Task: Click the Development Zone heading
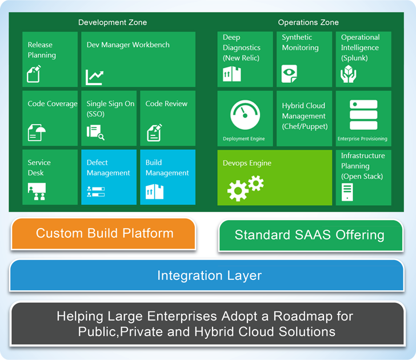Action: tap(113, 22)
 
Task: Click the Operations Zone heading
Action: tap(309, 22)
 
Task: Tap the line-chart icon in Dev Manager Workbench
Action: tap(94, 77)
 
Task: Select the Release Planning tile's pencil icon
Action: tap(34, 74)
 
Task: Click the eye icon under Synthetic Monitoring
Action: tap(289, 74)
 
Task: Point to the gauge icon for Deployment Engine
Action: tap(245, 115)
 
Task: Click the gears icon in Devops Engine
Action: tap(245, 188)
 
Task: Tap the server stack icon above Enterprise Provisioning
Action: tap(363, 115)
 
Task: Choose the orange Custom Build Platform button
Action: tap(103, 234)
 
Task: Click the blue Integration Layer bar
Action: tap(207, 275)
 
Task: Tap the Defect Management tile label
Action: tap(108, 167)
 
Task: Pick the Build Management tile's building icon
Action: tap(154, 191)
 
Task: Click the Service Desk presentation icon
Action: tap(37, 191)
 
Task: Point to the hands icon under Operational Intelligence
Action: tap(349, 74)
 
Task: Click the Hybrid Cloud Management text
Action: tap(305, 116)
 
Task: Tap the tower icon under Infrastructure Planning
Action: tap(347, 192)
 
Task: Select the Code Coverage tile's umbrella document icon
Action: tap(37, 133)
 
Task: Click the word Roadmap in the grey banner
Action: tap(302, 316)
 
